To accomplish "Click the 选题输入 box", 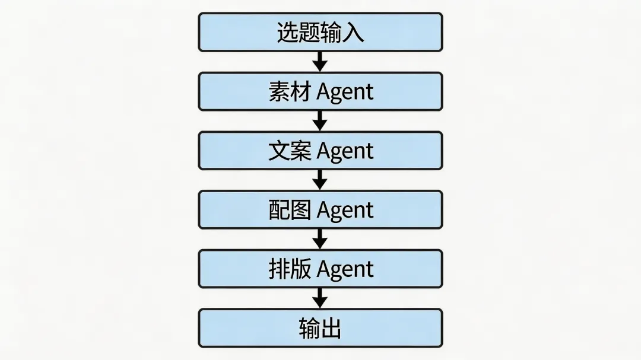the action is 320,32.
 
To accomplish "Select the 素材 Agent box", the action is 320,91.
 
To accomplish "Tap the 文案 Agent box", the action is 320,151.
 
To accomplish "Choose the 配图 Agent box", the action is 320,210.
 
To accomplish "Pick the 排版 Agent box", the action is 320,269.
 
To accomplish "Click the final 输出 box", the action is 320,328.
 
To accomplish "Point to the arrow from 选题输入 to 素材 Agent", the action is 320,62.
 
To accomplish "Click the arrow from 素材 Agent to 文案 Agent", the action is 320,121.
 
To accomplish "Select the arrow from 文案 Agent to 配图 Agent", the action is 320,180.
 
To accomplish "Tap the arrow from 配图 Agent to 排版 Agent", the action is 320,239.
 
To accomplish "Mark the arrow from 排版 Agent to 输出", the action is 320,298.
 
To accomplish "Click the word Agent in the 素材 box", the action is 345,93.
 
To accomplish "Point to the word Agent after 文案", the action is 345,152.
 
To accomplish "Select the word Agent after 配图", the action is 345,211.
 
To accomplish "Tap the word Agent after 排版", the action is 345,270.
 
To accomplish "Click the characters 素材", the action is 290,92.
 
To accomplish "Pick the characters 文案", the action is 290,151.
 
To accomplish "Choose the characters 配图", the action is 290,211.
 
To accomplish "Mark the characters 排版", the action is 290,269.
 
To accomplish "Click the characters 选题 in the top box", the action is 298,32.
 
